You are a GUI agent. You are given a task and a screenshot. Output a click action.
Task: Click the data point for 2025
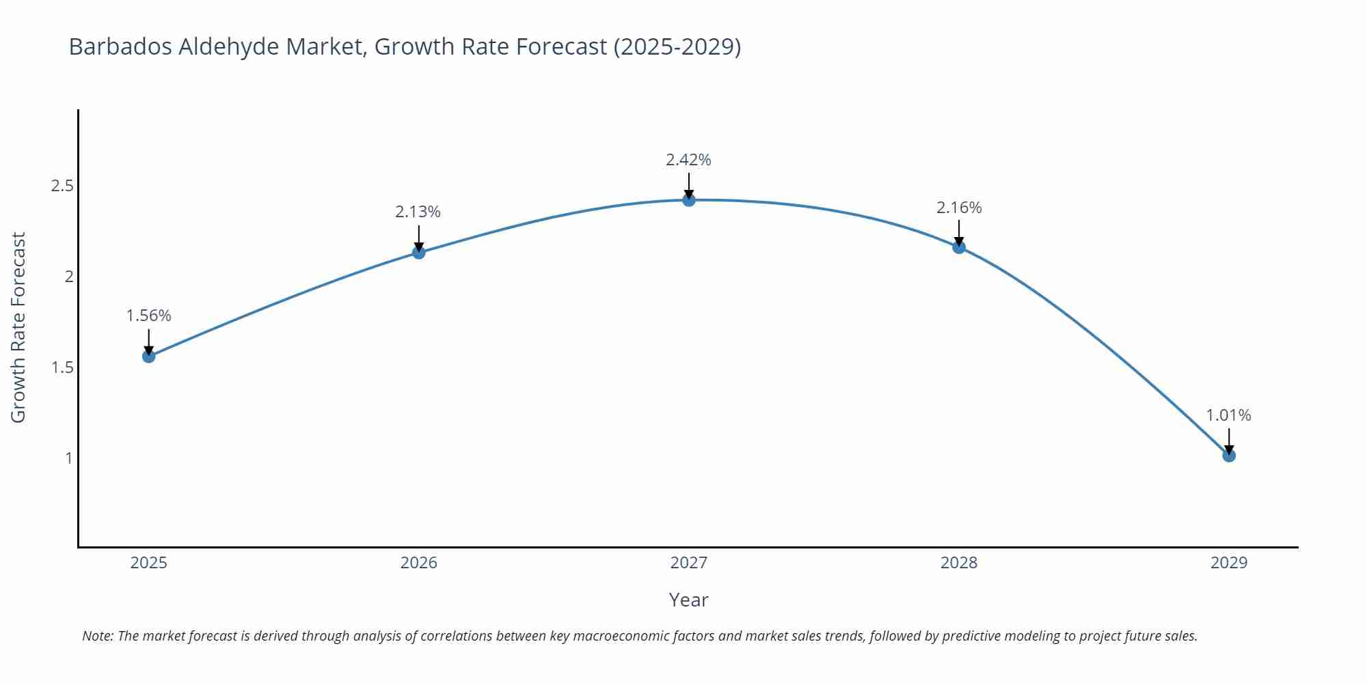(149, 356)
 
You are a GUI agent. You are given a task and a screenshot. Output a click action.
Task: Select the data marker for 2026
(419, 252)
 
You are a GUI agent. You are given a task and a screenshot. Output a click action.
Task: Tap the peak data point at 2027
(689, 200)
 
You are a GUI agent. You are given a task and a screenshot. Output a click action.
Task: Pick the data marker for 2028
(959, 247)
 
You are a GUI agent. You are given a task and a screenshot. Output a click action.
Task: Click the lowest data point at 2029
(1229, 456)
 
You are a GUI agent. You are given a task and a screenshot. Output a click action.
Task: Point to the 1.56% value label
(149, 316)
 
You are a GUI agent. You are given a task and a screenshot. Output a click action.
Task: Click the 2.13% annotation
(418, 212)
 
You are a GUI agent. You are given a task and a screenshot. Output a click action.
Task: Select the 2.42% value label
(688, 160)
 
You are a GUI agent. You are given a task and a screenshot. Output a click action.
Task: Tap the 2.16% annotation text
(959, 208)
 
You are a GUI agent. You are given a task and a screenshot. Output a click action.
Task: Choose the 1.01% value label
(1228, 415)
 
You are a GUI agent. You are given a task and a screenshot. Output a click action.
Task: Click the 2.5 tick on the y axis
(62, 186)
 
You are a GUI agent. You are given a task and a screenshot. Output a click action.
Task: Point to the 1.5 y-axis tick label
(62, 367)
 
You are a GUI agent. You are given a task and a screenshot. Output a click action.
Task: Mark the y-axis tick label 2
(68, 277)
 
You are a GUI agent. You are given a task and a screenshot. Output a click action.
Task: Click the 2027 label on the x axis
(689, 563)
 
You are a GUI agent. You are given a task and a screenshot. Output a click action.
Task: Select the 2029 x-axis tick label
(1229, 563)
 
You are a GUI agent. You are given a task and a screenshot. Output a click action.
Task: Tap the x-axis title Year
(688, 600)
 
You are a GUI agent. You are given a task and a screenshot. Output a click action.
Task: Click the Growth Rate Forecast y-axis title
(18, 328)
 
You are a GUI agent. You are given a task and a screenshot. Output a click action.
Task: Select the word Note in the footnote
(97, 636)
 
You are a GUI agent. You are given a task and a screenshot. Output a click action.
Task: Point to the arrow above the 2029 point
(1229, 441)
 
